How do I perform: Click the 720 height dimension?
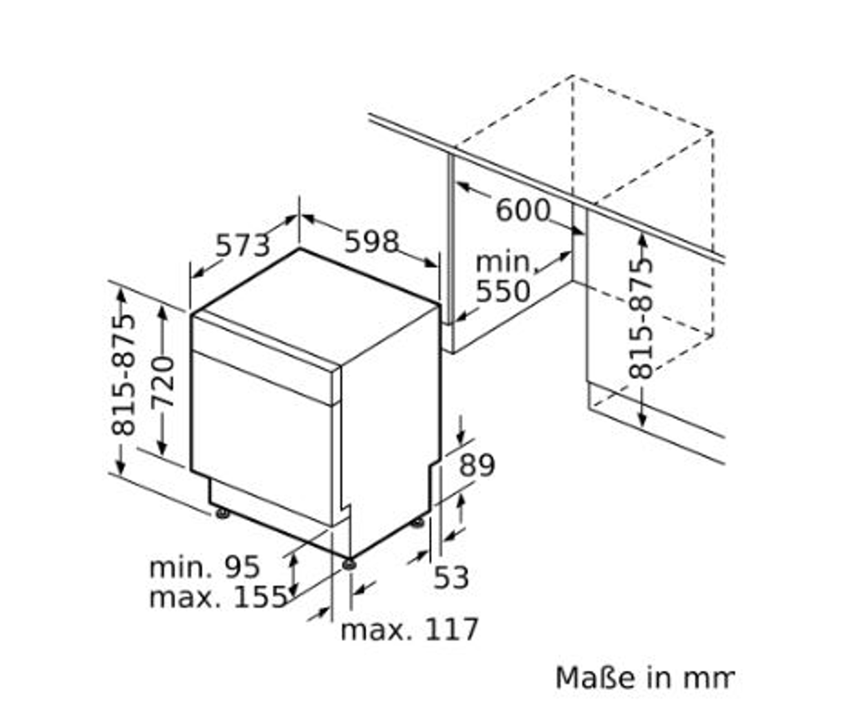coord(163,382)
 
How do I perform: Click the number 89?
coord(477,465)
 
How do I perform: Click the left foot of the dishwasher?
coord(222,513)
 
